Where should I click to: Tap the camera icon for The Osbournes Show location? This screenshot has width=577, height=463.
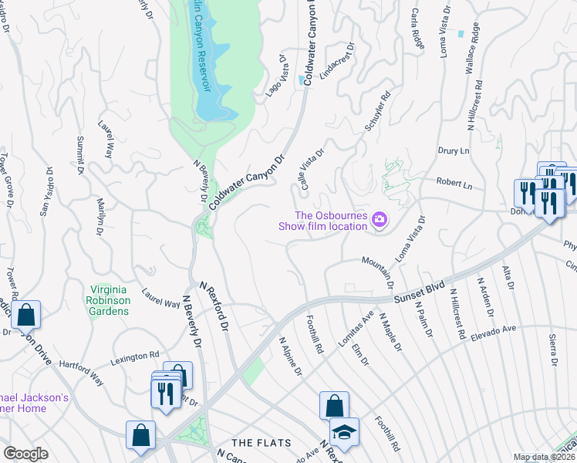pos(379,221)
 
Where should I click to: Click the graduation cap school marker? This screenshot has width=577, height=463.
pos(344,430)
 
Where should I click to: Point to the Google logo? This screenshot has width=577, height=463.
pos(25,454)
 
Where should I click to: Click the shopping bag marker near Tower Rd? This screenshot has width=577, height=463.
pos(25,314)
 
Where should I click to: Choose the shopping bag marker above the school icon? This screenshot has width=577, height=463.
pos(334,405)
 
